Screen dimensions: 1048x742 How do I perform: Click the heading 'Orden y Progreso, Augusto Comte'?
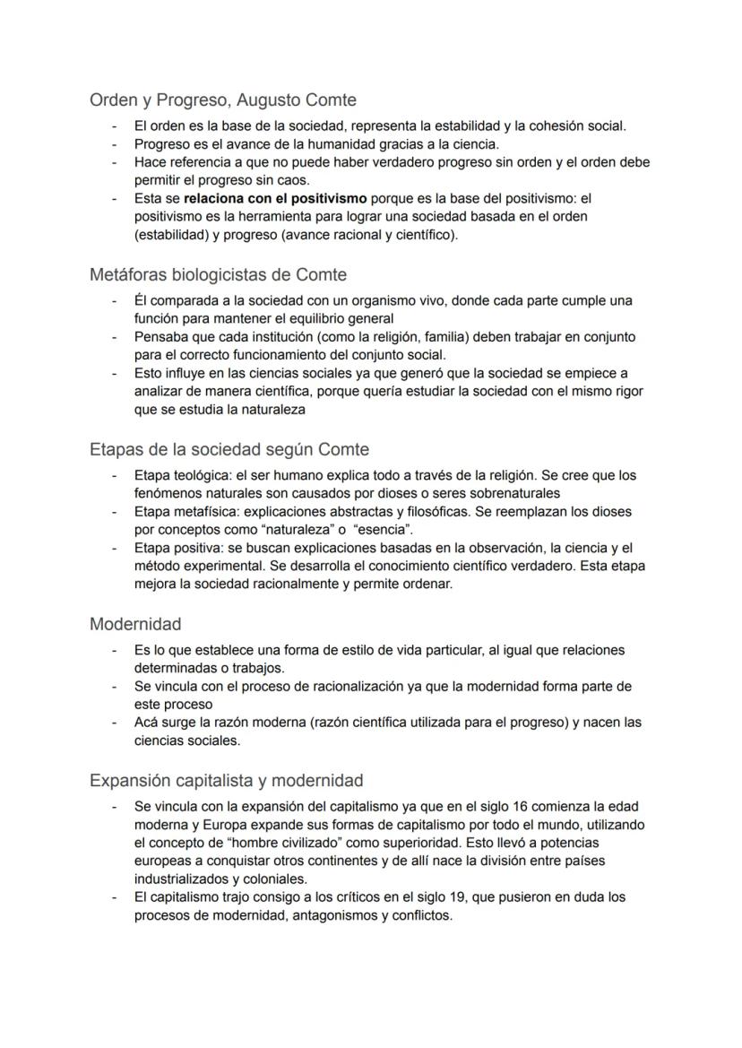click(223, 100)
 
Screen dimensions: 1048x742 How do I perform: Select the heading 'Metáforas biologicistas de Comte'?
click(218, 274)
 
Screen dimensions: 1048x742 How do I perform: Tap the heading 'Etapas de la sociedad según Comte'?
click(229, 449)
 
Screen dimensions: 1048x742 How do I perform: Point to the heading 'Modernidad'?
click(135, 623)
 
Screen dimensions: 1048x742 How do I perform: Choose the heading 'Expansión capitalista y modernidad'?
click(226, 780)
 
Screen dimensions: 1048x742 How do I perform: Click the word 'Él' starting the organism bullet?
click(141, 300)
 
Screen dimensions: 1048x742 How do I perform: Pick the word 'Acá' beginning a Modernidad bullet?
click(146, 722)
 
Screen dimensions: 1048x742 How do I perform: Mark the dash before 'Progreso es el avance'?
click(115, 143)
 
